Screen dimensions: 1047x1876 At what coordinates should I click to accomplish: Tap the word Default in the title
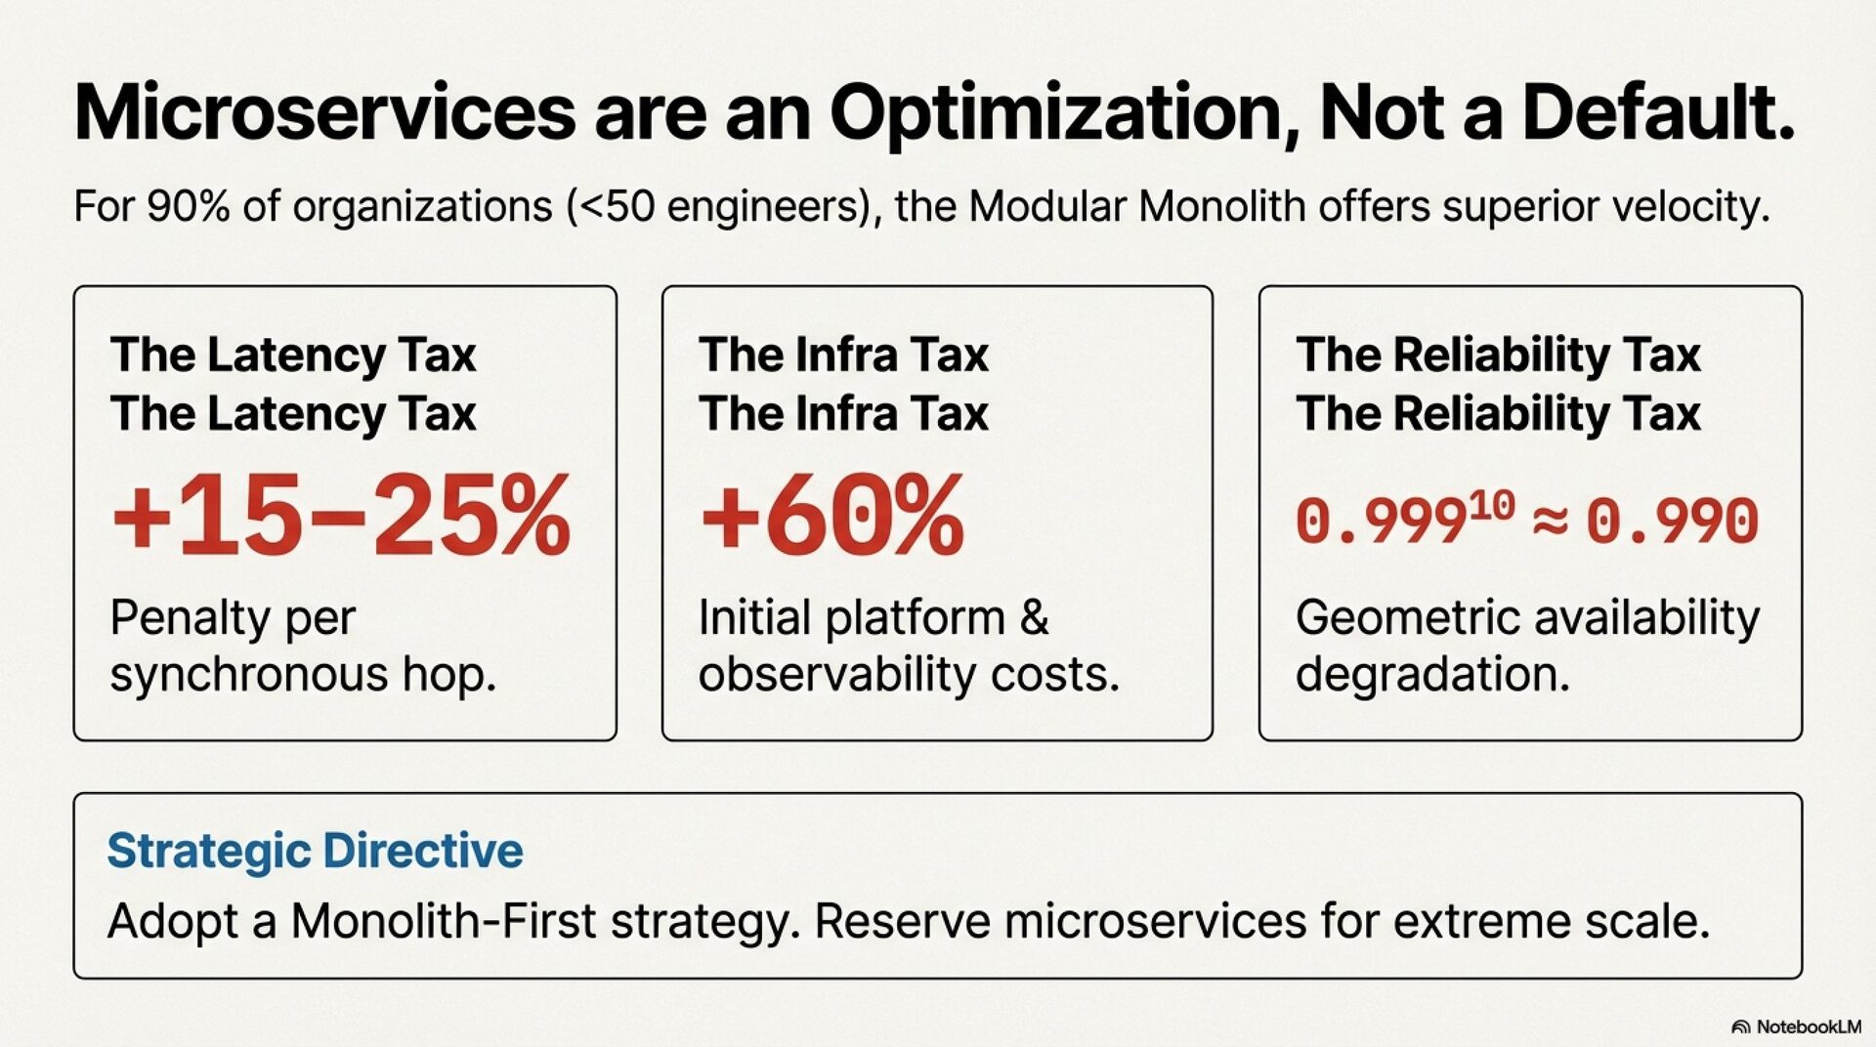coord(1657,113)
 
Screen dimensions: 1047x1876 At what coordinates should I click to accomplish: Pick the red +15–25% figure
coord(341,515)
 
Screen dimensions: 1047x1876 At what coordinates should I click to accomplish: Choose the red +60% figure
coord(832,515)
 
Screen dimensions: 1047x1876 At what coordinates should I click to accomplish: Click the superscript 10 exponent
coord(1491,505)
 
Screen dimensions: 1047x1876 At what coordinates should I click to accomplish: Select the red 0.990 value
coord(1672,522)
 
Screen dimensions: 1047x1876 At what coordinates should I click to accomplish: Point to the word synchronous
coord(248,675)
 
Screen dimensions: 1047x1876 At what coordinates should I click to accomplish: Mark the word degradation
coord(1432,674)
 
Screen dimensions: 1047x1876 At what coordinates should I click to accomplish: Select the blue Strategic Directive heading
coord(315,851)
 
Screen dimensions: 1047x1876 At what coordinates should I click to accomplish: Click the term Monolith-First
coord(443,921)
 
